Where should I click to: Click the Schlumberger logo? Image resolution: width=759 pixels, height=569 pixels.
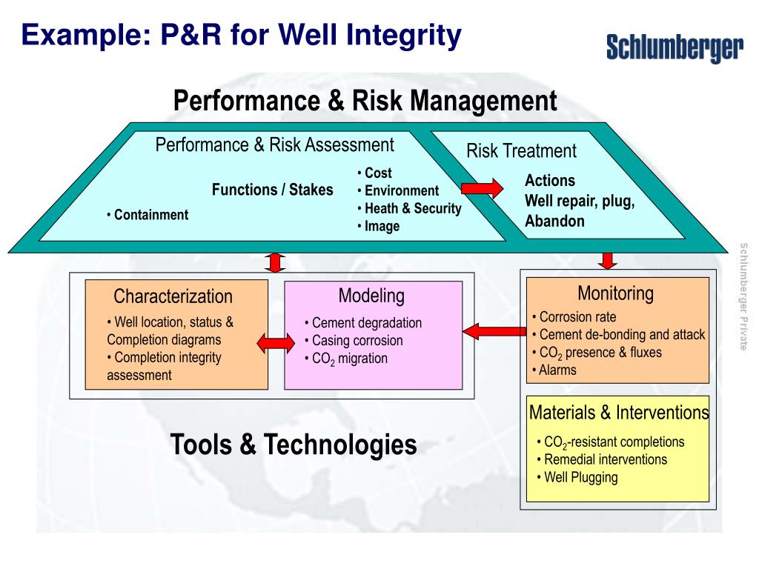675,47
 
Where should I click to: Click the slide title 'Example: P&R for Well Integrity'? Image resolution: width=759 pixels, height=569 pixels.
241,34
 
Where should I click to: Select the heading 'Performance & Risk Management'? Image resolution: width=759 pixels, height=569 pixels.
365,101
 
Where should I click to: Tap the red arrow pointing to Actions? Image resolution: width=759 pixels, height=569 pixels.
483,188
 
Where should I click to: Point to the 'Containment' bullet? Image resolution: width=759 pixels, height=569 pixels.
148,215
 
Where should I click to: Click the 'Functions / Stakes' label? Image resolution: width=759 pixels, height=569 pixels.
273,190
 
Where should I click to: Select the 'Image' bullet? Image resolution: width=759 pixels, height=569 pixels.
379,227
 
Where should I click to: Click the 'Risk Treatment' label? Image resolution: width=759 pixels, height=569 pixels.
521,151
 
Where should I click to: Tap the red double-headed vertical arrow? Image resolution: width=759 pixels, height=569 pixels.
276,263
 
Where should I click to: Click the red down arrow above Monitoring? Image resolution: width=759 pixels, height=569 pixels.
608,260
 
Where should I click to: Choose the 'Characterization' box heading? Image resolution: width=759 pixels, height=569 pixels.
173,296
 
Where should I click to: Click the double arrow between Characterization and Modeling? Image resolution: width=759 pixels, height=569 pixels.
276,342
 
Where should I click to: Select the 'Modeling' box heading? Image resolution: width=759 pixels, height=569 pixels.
371,296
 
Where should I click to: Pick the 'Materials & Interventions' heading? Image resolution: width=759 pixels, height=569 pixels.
619,412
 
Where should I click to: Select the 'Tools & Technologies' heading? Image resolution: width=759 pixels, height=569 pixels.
294,445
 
